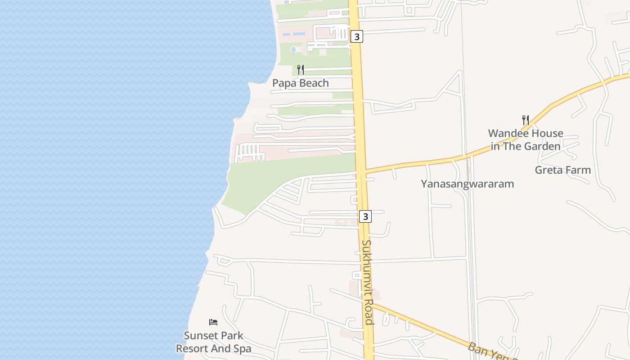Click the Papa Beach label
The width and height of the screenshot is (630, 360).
coord(301,83)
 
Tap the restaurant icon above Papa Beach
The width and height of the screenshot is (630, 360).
coord(301,70)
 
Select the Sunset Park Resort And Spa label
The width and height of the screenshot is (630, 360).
coord(213,342)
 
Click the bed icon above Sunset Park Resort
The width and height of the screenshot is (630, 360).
coord(213,322)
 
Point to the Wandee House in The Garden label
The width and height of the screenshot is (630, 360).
coord(526,139)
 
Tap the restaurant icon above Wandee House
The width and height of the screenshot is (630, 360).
coord(525,120)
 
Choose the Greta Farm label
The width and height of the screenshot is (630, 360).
coord(562,170)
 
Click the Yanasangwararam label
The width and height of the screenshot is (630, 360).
coord(467,184)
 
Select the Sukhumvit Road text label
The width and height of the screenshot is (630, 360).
coord(368,282)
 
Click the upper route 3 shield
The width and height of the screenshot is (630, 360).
coord(357,37)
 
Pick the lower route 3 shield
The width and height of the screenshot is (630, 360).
coord(365,216)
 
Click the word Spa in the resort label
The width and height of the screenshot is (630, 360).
coord(241,349)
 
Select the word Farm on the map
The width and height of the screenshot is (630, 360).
coord(579,170)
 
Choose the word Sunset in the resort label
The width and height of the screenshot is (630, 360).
coord(198,336)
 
